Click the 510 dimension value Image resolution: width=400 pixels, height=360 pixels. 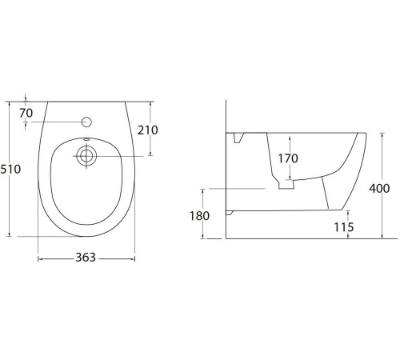[10, 170]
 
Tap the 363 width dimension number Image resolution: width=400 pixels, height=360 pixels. [86, 258]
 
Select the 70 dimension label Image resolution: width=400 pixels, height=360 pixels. [26, 113]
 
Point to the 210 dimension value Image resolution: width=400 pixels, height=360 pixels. [148, 130]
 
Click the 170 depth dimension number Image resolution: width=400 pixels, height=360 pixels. [288, 158]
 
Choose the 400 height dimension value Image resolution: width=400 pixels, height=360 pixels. [379, 189]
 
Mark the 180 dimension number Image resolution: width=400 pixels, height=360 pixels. [199, 216]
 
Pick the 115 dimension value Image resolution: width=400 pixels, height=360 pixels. [344, 227]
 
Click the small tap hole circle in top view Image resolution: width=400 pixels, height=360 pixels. [86, 122]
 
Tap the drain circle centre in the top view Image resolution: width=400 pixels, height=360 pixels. [86, 156]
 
